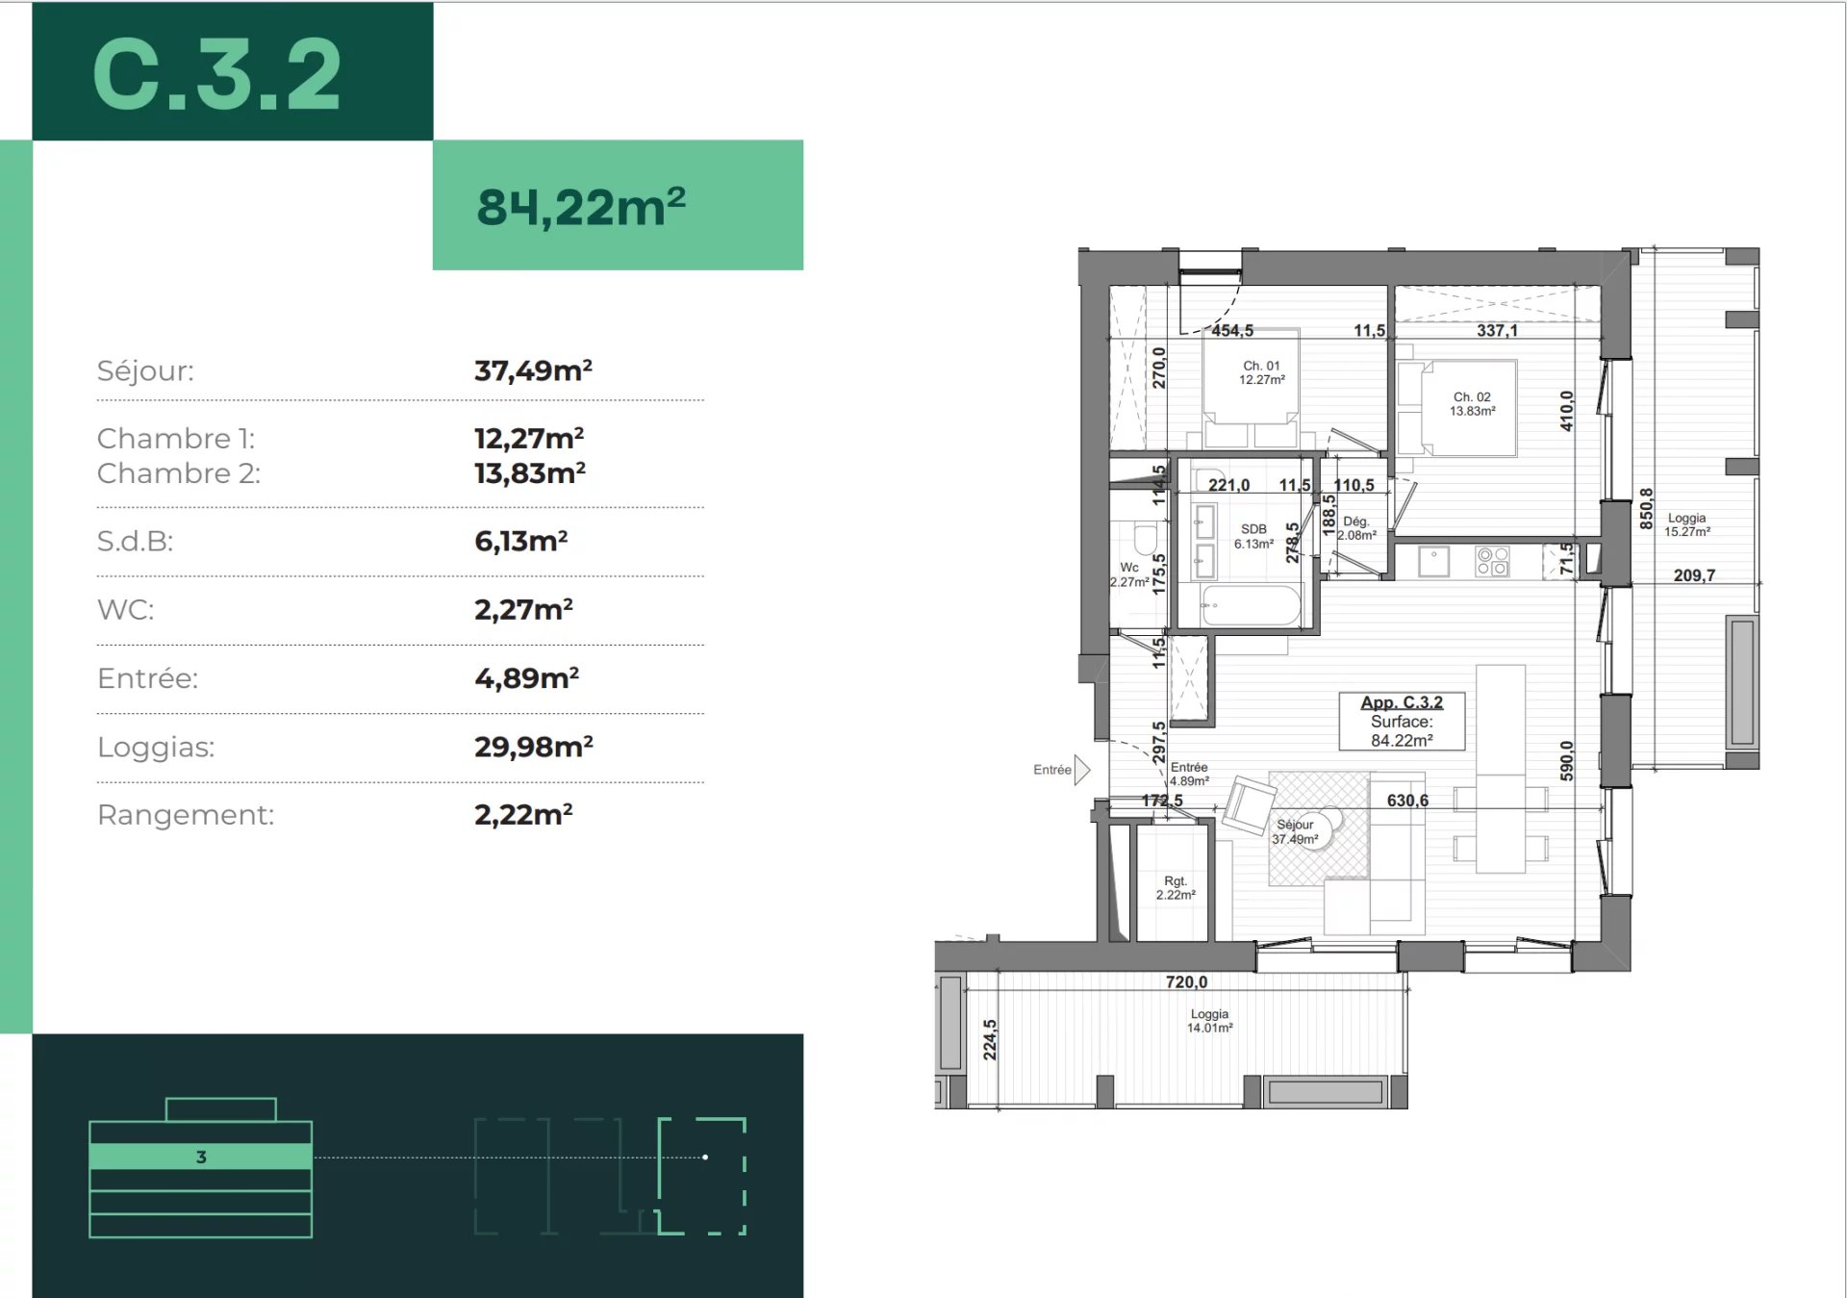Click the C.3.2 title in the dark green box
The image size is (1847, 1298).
(217, 75)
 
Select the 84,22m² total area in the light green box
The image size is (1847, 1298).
(581, 207)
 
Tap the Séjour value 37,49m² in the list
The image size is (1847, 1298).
(533, 370)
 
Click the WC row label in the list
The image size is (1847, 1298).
(125, 610)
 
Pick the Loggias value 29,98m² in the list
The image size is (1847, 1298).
(533, 747)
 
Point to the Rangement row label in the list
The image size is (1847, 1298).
(186, 815)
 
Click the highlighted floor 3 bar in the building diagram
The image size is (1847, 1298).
(200, 1157)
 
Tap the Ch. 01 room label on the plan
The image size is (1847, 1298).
(1261, 372)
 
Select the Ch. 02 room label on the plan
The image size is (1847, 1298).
(1472, 403)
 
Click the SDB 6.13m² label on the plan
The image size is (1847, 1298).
(1253, 536)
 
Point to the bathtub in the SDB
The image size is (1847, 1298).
(1250, 605)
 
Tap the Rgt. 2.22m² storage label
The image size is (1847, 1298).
(1176, 887)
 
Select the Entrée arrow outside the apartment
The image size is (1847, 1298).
(1081, 770)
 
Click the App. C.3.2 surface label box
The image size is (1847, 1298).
(1402, 721)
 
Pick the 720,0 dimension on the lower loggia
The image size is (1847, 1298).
(1185, 981)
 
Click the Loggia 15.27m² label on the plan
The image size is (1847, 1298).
(1686, 524)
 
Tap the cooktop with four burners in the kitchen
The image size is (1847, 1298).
(1492, 561)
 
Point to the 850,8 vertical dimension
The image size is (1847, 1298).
(1646, 508)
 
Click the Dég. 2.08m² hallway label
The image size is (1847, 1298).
(1355, 528)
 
